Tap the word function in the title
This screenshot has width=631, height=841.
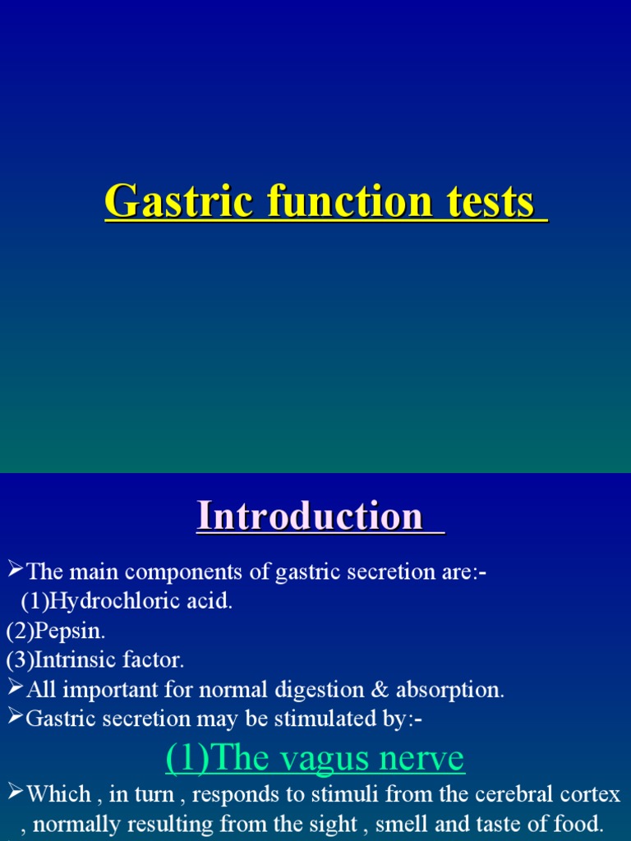click(x=342, y=201)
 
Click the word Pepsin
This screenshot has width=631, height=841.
click(x=73, y=631)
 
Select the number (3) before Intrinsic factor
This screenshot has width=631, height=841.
click(x=19, y=659)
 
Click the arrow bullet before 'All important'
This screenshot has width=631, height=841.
click(x=15, y=688)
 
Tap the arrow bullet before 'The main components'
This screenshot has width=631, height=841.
click(x=15, y=570)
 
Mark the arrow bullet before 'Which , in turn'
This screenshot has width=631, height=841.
click(x=15, y=793)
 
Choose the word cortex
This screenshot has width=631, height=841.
click(x=591, y=794)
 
